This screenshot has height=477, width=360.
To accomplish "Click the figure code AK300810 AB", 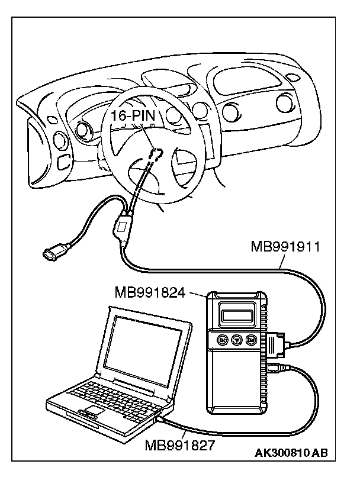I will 291,454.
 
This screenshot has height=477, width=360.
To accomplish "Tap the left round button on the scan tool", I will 221,340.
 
